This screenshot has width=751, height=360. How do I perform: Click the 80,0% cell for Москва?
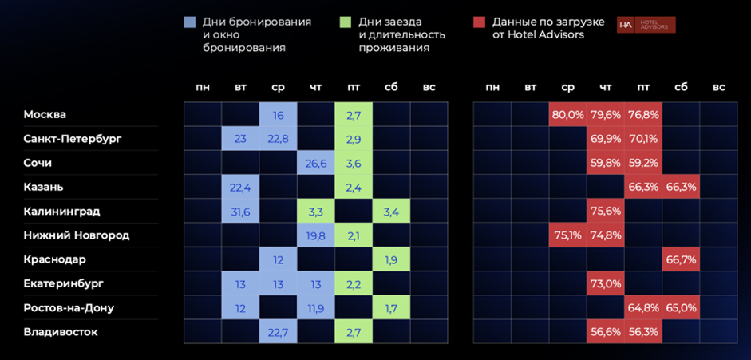(x=567, y=115)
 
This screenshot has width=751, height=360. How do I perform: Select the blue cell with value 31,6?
(x=240, y=212)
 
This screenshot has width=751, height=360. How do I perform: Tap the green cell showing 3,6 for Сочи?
(x=354, y=163)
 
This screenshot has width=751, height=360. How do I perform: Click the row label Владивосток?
(x=61, y=332)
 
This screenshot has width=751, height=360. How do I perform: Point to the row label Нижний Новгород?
(x=77, y=235)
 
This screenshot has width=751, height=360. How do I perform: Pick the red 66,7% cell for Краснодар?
(x=681, y=259)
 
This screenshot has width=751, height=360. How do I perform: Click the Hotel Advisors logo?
(x=646, y=26)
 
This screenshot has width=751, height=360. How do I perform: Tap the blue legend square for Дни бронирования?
(x=189, y=22)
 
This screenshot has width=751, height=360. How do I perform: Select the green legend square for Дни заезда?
(x=345, y=22)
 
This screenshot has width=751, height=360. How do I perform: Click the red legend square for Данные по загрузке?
(x=479, y=22)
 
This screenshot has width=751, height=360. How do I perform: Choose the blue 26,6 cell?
(x=316, y=163)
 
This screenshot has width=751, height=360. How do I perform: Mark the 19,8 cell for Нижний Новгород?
(x=316, y=235)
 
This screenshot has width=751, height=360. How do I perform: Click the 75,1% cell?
(x=567, y=235)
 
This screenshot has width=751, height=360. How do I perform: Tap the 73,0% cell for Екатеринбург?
(x=605, y=283)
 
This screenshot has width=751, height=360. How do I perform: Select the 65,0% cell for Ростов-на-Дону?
(x=681, y=307)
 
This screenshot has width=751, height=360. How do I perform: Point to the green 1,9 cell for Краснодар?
(x=391, y=259)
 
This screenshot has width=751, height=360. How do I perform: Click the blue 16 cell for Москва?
(x=278, y=115)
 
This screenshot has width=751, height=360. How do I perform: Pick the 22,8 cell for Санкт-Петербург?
(x=278, y=139)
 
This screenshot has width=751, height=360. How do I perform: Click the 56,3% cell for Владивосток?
(x=643, y=332)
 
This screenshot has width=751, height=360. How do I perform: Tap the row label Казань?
(x=44, y=187)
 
